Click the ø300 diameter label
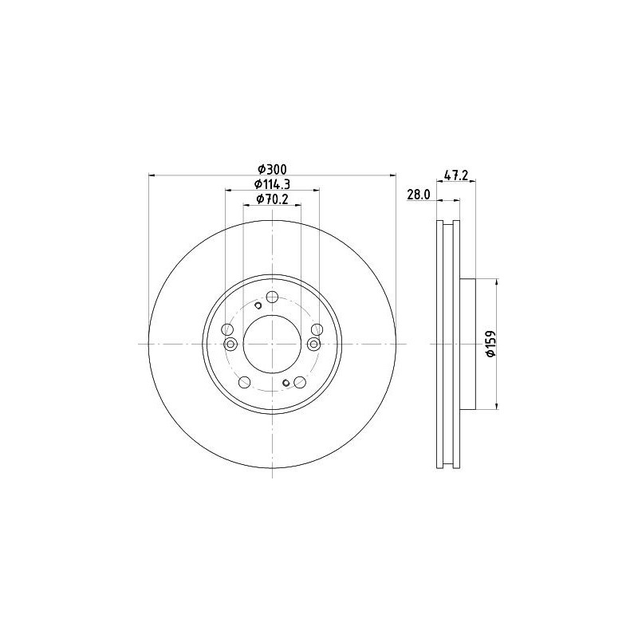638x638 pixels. (x=272, y=168)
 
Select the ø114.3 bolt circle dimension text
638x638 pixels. (x=272, y=184)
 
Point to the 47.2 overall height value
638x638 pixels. (x=455, y=176)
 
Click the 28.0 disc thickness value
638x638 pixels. (x=419, y=194)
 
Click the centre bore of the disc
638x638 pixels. (x=272, y=344)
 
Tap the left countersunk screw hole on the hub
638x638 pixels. (x=231, y=344)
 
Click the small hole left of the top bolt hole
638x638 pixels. (x=258, y=305)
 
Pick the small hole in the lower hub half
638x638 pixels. (x=286, y=382)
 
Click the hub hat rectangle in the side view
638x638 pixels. (x=467, y=344)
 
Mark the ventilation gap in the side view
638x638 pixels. (x=447, y=344)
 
